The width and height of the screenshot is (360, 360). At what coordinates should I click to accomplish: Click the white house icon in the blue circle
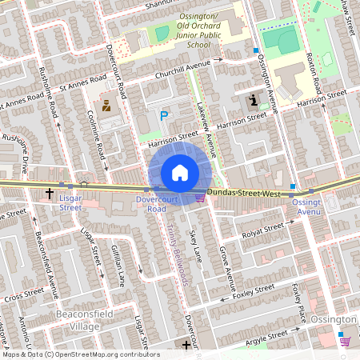point(179,172)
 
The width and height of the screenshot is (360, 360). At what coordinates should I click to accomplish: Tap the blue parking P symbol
point(164,116)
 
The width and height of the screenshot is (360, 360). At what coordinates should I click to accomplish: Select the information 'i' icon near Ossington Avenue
point(254,100)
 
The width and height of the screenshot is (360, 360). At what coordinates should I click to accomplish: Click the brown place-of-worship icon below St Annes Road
point(105,106)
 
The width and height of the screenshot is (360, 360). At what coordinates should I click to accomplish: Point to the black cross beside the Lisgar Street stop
point(50,194)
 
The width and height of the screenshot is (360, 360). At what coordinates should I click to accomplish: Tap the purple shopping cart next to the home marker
point(199,197)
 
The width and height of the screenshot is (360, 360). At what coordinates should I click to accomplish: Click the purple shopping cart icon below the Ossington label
point(345,341)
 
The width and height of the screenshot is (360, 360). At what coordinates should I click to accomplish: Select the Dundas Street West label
point(242,194)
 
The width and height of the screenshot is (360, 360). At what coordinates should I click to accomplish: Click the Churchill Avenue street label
point(182,66)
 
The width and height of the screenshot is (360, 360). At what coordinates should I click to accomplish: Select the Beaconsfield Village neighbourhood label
point(78,321)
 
